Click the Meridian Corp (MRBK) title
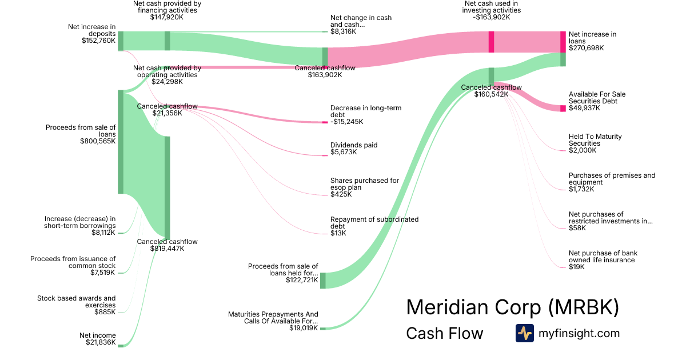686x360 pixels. point(512,307)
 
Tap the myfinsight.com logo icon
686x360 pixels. point(524,333)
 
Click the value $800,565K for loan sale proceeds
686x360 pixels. point(98,141)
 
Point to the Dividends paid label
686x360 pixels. point(354,145)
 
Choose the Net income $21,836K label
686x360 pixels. point(98,339)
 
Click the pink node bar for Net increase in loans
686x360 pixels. point(563,42)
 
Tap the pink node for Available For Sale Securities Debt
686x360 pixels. point(563,108)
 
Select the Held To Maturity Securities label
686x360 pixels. point(595,140)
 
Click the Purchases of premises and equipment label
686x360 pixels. point(612,179)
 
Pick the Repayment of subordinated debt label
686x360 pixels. point(374,222)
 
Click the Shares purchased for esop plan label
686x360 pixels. point(365,183)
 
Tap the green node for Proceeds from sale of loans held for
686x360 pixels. point(322,280)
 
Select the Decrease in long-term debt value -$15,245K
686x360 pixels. point(346,122)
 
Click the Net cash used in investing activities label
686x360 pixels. point(492,10)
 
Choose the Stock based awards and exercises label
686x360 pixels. point(77,301)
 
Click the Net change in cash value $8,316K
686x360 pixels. point(343,31)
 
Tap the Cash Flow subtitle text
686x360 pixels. point(444,334)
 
